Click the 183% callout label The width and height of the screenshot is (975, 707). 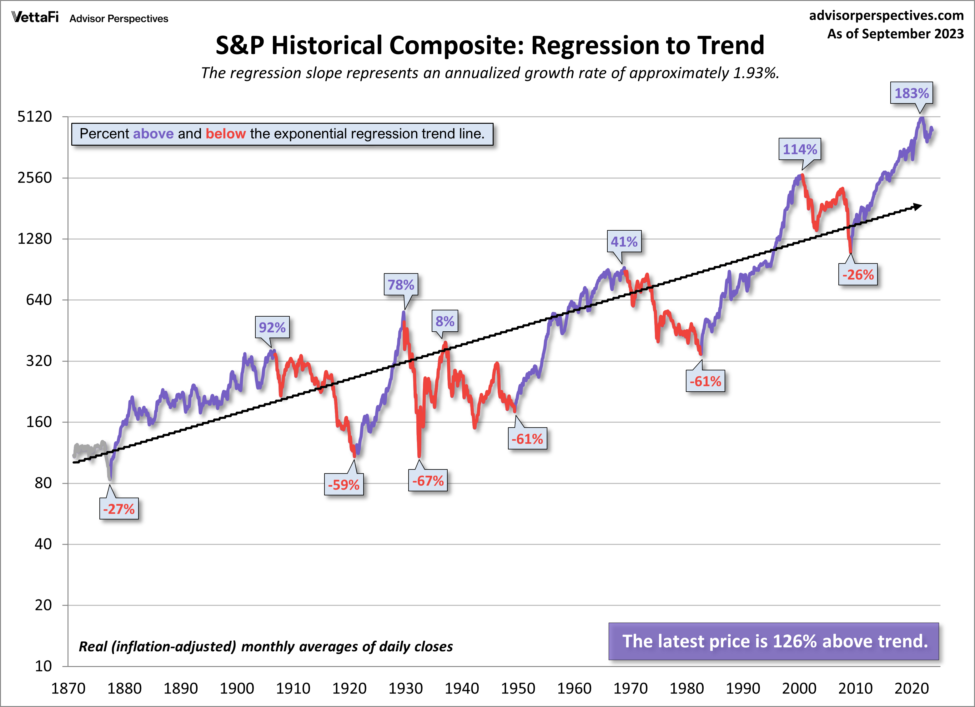tap(911, 93)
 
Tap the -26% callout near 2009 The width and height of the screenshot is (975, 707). tap(858, 275)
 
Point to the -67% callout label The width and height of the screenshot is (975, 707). tap(428, 480)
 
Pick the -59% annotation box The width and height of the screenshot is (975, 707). tap(344, 485)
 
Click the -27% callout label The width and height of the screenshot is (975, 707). tap(119, 509)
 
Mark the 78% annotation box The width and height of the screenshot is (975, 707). tap(401, 284)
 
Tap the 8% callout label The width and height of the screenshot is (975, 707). tap(445, 321)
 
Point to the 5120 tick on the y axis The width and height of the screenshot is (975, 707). tap(34, 117)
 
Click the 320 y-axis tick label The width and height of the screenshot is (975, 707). tap(39, 361)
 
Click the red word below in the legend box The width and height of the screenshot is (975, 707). tap(226, 134)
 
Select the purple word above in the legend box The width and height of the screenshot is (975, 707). tap(153, 134)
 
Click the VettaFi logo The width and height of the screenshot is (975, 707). tap(35, 17)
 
